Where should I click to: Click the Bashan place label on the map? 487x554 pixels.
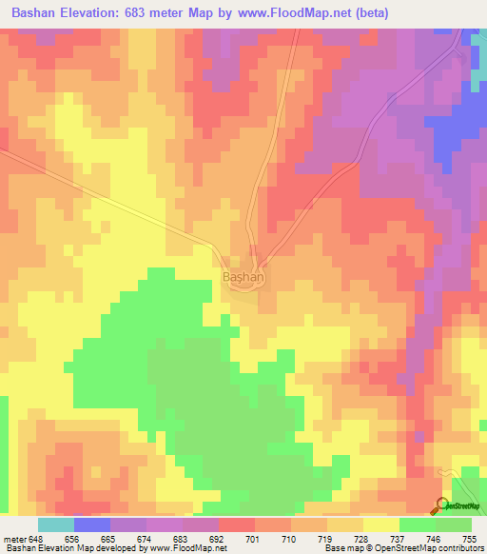coord(243,277)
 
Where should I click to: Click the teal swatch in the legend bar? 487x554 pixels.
coord(56,524)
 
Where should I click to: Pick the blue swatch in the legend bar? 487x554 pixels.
coord(92,524)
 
